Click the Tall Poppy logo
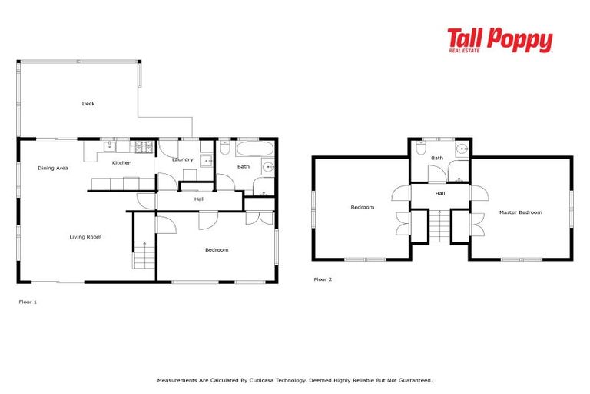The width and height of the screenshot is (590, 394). (499, 40)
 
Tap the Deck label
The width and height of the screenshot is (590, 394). (88, 104)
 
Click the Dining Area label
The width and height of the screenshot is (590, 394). (53, 167)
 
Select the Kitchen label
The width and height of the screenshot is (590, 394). (121, 163)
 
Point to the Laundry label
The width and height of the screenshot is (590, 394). (182, 159)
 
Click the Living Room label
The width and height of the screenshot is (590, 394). (85, 237)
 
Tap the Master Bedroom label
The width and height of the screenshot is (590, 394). (520, 212)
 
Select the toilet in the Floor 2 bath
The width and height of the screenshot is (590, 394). (422, 149)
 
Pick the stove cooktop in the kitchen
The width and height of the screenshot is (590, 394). (144, 145)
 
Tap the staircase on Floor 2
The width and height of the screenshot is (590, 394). (439, 226)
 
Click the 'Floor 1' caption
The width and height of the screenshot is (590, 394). (28, 302)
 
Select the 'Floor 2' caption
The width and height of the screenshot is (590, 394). (323, 279)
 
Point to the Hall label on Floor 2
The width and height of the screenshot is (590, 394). (439, 193)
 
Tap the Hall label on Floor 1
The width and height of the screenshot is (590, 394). (199, 199)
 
